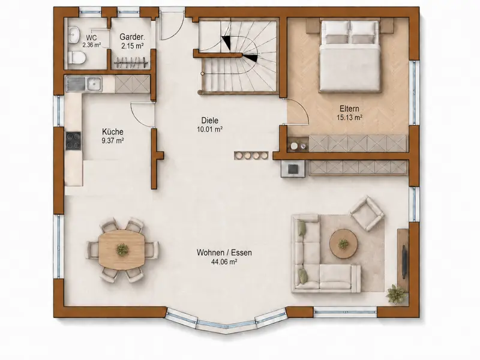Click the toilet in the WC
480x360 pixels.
tap(76, 58)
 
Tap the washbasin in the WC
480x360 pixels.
tap(74, 35)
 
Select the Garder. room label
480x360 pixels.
tap(132, 37)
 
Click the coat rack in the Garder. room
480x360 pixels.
tap(131, 63)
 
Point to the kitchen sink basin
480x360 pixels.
tap(94, 84)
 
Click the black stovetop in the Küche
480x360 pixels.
tap(73, 141)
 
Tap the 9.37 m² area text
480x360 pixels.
tap(113, 141)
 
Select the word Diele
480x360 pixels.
tap(209, 121)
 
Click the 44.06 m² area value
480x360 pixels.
tap(224, 262)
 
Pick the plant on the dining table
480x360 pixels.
tap(122, 250)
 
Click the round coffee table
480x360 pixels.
tap(343, 244)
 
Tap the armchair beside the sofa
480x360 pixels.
tap(367, 213)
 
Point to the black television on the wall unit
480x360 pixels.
tap(404, 262)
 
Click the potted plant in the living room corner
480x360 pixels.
tap(397, 294)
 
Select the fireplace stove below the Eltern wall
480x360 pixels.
tap(293, 169)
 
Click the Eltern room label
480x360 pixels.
tap(349, 109)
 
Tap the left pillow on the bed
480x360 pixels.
tap(336, 32)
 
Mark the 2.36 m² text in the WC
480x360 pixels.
tap(92, 45)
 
